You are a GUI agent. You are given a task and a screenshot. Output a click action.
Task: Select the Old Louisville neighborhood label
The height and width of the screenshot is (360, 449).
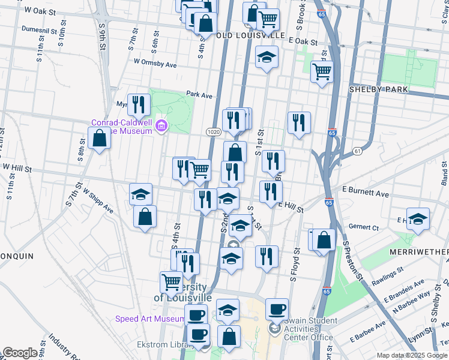click(x=250, y=35)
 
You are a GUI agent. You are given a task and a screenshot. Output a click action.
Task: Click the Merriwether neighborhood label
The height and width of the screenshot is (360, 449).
click(x=418, y=251)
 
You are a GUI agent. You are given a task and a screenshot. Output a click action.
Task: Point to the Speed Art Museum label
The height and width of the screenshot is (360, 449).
click(x=150, y=319)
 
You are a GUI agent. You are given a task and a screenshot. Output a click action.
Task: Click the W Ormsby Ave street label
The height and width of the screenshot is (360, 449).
click(x=155, y=62)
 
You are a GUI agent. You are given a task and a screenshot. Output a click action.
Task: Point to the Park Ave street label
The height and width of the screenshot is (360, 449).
click(x=199, y=95)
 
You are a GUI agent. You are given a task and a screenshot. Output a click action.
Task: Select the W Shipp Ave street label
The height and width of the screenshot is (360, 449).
click(x=98, y=201)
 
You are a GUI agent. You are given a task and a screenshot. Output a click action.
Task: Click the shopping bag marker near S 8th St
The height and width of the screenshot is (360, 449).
click(x=99, y=138)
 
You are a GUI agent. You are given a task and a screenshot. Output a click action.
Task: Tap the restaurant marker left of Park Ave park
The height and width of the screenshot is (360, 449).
click(x=139, y=105)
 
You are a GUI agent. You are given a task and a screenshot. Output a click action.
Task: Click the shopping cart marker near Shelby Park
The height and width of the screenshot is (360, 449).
click(x=322, y=71)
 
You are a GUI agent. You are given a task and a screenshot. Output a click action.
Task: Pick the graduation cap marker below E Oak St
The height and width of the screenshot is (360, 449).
click(x=267, y=58)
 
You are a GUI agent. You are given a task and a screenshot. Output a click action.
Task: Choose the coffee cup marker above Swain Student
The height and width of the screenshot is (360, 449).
click(x=277, y=309)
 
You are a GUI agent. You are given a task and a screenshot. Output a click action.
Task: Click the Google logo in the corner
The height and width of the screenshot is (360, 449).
click(x=20, y=353)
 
